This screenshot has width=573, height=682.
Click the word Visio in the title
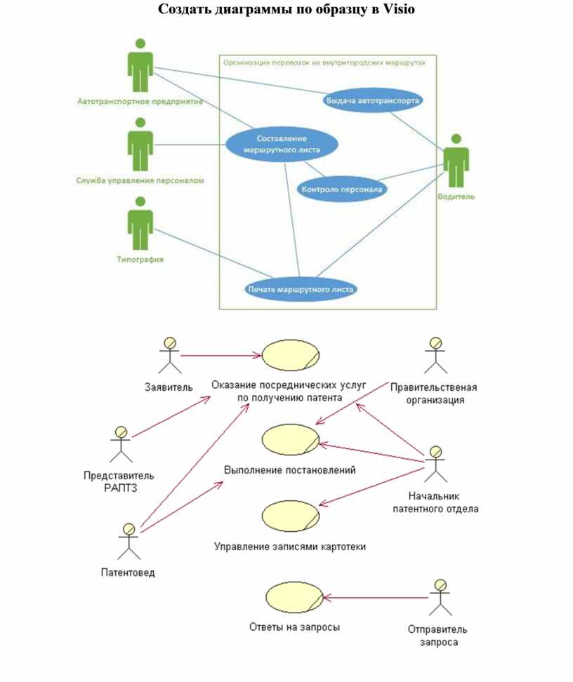(x=399, y=10)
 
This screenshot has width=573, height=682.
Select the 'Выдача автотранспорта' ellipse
(x=373, y=100)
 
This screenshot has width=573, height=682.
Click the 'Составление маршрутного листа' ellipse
(x=282, y=144)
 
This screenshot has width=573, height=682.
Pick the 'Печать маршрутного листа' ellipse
(x=301, y=288)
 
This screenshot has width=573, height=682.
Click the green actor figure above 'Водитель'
(x=456, y=161)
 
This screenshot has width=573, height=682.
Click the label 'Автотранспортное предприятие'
(x=140, y=102)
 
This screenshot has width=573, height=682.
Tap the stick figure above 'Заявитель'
(x=168, y=355)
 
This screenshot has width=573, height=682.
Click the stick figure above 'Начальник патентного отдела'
(x=435, y=463)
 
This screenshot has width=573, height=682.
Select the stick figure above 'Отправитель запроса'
(x=440, y=598)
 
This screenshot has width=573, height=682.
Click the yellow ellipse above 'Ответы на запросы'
(x=294, y=597)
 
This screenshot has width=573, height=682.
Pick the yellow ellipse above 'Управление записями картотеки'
(x=291, y=516)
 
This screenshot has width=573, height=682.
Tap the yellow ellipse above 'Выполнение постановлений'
(x=291, y=439)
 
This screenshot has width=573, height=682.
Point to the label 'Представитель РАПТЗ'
(x=119, y=481)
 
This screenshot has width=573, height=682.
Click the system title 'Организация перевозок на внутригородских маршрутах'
(x=324, y=62)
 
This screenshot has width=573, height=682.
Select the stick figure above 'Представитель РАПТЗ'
(x=121, y=443)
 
